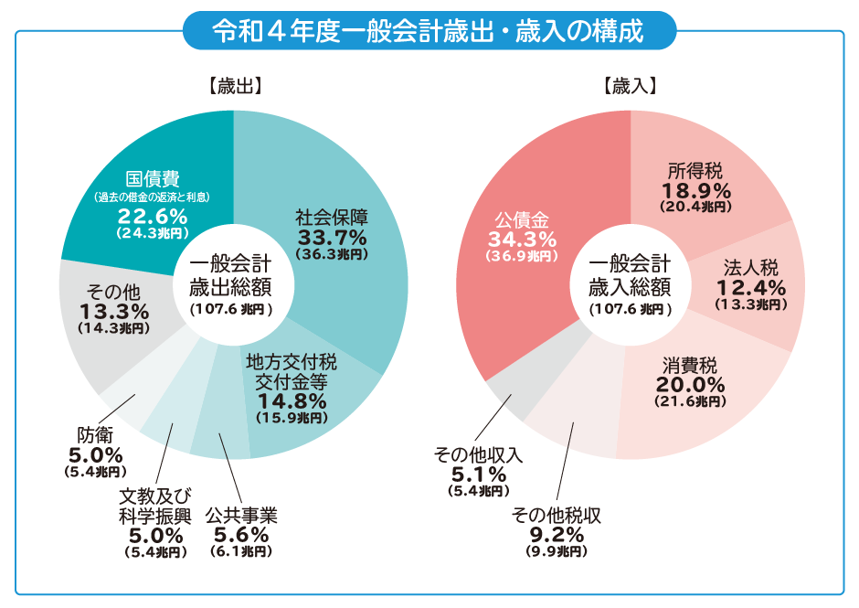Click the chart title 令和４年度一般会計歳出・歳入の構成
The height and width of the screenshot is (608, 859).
pos(429,30)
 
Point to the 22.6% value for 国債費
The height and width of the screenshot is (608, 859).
pos(153,217)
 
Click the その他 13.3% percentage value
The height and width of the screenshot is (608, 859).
pos(113,311)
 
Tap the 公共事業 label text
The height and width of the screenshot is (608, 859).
pos(241,516)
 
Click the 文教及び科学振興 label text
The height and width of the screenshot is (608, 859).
pos(154,506)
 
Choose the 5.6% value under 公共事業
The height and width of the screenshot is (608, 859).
pos(241,535)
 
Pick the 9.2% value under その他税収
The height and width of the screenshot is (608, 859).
pos(557,535)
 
